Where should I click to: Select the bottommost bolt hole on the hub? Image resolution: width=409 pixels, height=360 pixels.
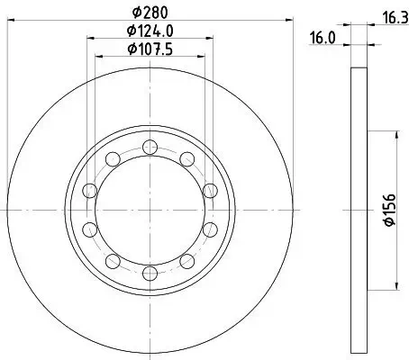click(x=150, y=270)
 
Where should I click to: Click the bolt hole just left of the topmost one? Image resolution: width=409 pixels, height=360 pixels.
click(x=113, y=159)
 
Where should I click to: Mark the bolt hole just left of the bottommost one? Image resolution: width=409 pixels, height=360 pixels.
click(x=113, y=261)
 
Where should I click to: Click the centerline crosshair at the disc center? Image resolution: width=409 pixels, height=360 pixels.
click(x=150, y=210)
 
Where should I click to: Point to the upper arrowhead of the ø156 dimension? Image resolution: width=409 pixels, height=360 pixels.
click(x=397, y=132)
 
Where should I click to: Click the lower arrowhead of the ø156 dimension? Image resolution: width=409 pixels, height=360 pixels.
click(x=397, y=287)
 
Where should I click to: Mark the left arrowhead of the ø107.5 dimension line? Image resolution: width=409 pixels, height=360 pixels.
click(x=98, y=56)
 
